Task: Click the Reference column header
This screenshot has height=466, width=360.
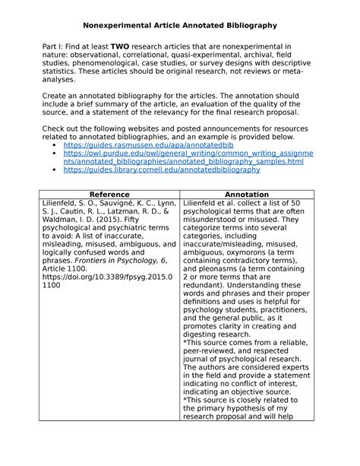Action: pyautogui.click(x=108, y=194)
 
